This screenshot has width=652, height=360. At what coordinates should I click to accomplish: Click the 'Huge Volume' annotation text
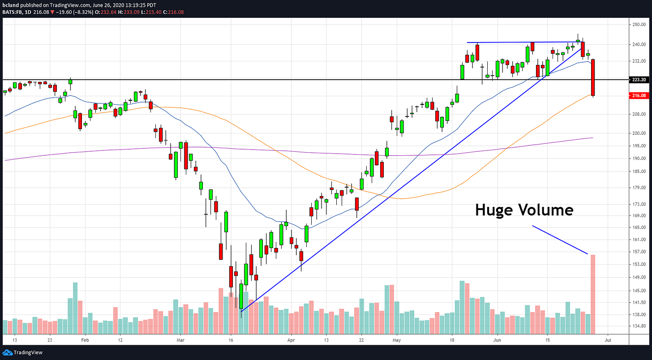pyautogui.click(x=524, y=210)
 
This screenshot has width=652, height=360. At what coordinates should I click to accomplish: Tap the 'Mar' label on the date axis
pyautogui.click(x=180, y=340)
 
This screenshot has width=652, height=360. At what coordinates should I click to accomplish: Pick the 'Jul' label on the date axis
pyautogui.click(x=608, y=340)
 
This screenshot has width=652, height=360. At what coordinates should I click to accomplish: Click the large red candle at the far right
pyautogui.click(x=593, y=77)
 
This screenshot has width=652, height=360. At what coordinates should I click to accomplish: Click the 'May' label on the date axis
pyautogui.click(x=397, y=340)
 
